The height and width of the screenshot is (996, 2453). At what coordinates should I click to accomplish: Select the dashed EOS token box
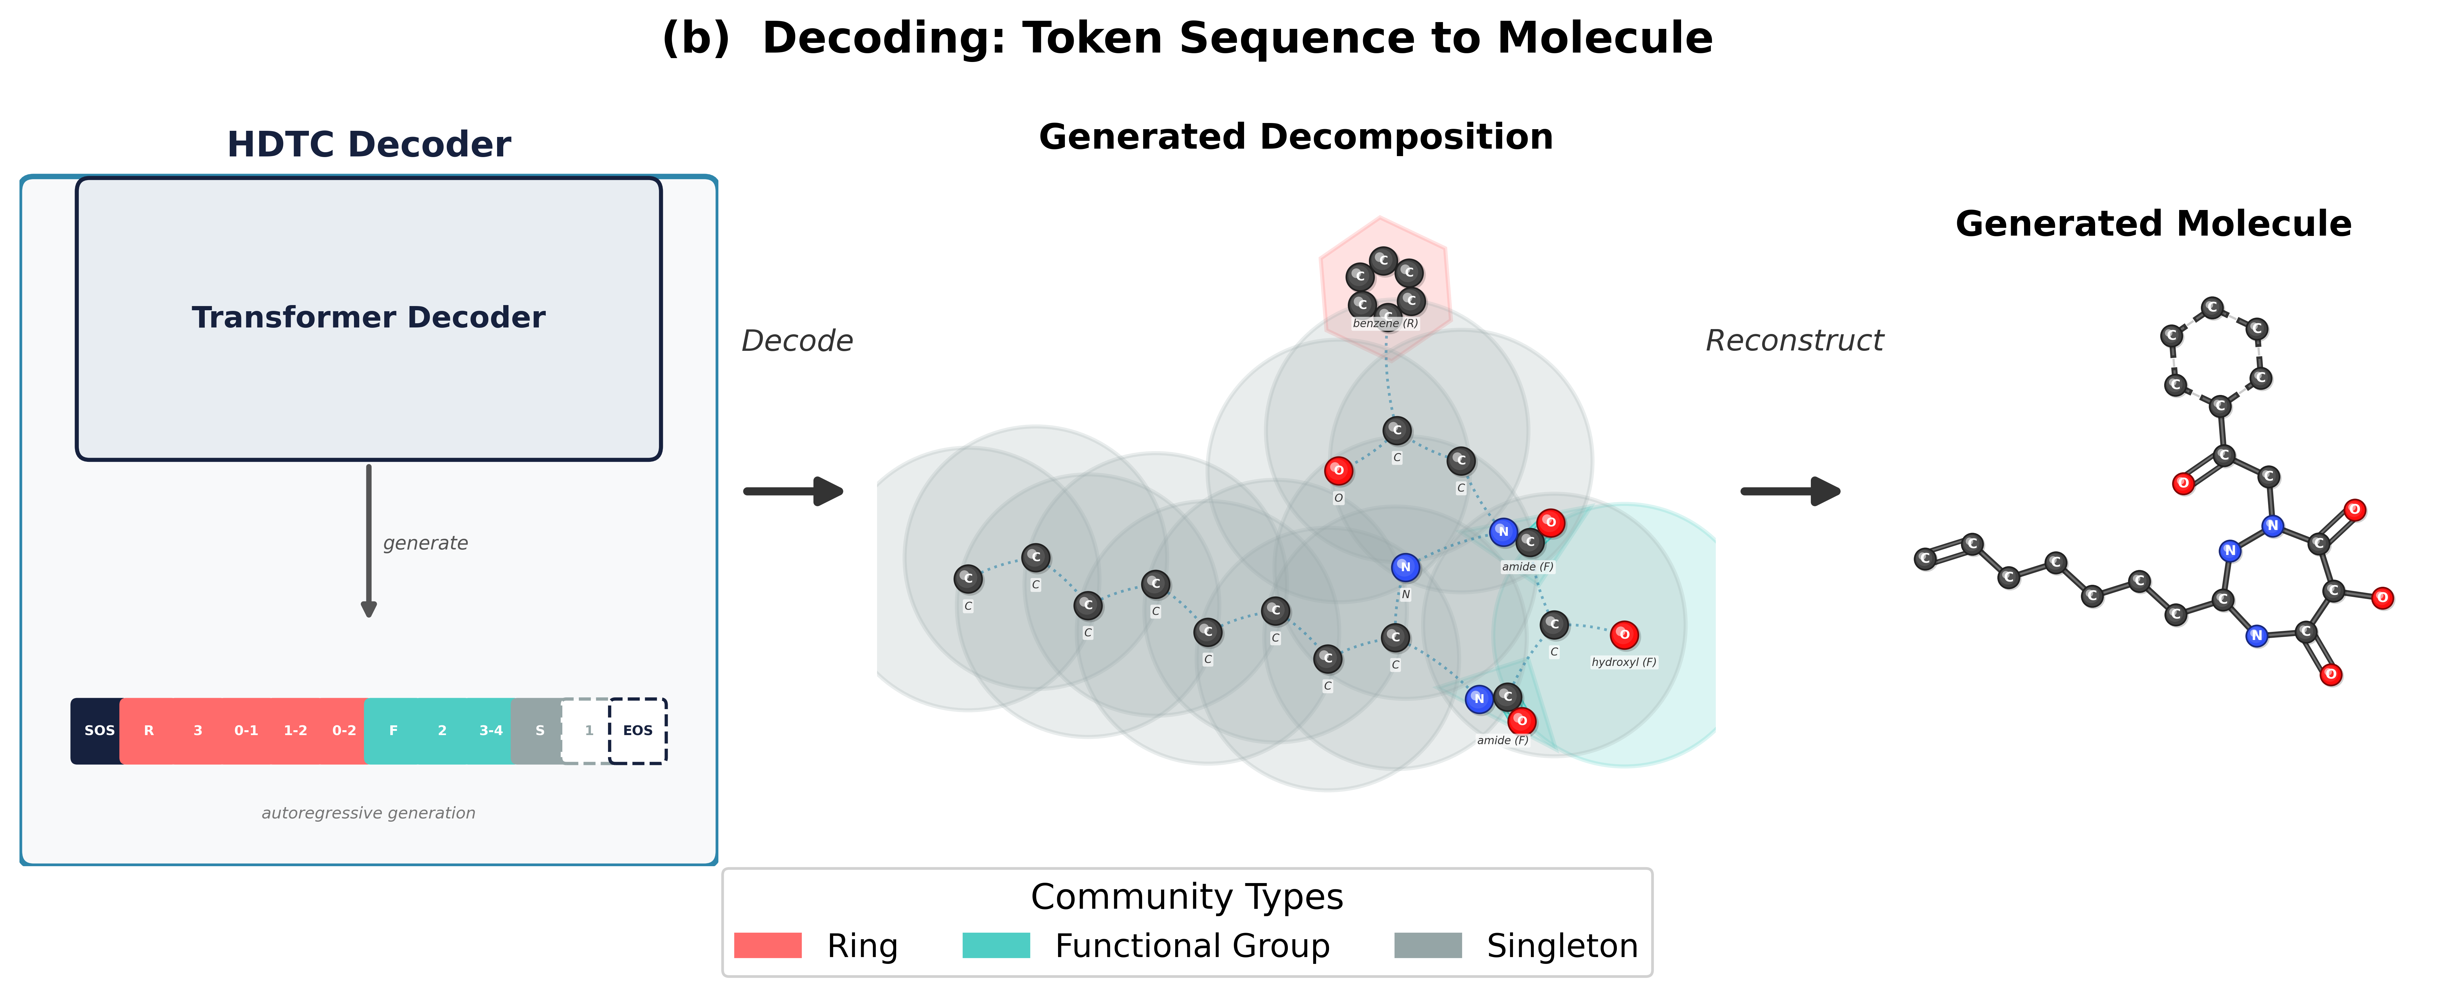pos(637,730)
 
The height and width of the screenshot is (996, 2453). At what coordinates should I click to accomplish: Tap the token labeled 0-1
pos(246,730)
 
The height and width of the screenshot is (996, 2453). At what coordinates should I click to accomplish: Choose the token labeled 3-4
pos(490,730)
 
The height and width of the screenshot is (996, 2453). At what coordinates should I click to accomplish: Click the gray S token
pos(539,730)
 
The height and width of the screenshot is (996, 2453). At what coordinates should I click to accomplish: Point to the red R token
pos(149,730)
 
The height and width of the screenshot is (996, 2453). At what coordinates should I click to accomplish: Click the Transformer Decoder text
pos(369,317)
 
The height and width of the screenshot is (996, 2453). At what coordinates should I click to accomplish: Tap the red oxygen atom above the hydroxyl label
pos(1624,634)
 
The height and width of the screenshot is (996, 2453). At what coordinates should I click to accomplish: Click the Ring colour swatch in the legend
pos(767,945)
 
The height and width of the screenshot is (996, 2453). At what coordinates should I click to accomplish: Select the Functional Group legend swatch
pos(996,945)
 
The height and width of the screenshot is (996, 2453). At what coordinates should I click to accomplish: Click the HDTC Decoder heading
pos(369,145)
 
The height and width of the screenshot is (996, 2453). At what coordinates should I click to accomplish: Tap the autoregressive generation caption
pos(369,812)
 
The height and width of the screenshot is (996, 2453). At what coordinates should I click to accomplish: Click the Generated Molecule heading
pos(2153,224)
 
